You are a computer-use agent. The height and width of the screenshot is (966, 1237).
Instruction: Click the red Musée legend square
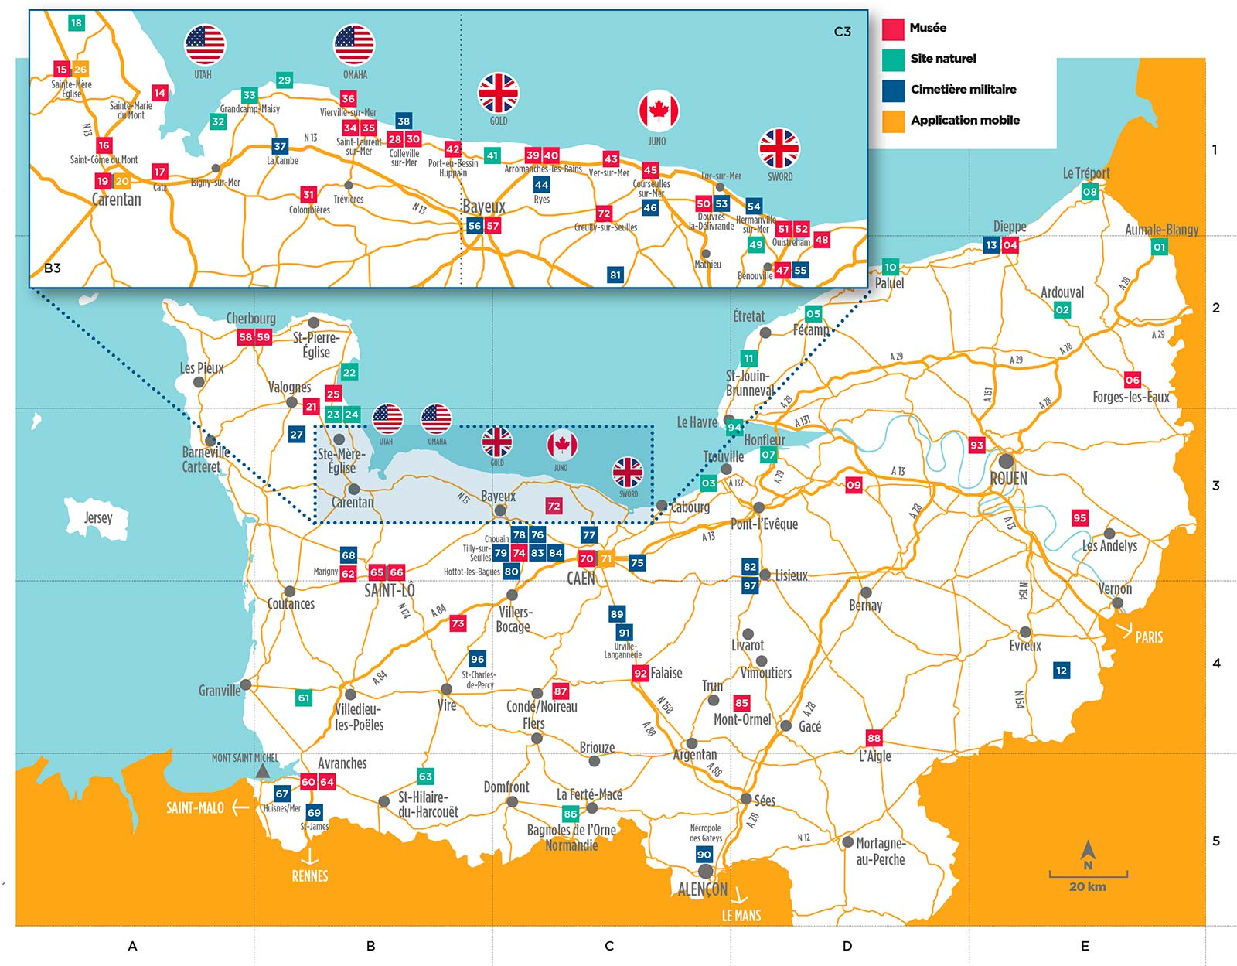[893, 29]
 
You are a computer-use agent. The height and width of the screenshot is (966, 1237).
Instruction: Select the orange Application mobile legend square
[893, 121]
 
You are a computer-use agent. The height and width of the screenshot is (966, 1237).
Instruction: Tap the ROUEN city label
[1009, 479]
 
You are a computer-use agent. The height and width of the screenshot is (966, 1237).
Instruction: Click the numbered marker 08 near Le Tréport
[1089, 191]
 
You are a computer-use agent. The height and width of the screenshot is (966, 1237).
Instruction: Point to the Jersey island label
[98, 517]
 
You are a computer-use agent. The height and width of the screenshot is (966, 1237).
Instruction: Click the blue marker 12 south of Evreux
[1061, 671]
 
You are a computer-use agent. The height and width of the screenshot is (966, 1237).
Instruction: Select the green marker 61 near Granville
[304, 698]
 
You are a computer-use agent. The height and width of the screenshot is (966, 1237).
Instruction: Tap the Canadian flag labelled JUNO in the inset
[658, 111]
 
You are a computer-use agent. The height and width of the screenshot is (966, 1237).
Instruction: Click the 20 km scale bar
[1088, 876]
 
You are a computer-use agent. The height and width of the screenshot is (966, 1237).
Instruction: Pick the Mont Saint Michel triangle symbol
[263, 771]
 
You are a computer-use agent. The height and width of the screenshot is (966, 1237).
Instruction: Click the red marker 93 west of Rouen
[977, 445]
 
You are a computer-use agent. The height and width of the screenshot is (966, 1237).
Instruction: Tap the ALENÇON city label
[702, 889]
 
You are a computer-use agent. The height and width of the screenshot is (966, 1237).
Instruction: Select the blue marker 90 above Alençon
[704, 855]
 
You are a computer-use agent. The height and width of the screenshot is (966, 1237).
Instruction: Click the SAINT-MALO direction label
[195, 808]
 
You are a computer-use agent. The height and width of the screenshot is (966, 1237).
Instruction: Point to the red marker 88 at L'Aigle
[874, 738]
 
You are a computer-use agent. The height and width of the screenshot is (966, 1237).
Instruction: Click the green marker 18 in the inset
[76, 22]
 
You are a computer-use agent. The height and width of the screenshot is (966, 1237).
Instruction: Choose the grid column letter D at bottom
[847, 946]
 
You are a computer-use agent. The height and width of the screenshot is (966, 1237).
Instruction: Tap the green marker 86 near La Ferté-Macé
[571, 814]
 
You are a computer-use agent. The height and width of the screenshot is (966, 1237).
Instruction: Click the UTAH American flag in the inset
[205, 45]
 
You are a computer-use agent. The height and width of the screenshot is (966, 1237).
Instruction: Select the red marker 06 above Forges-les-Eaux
[1133, 380]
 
